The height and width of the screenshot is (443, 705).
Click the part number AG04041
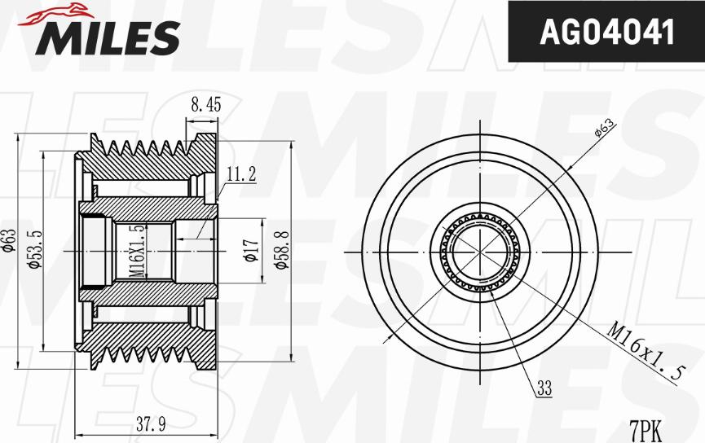[607, 32]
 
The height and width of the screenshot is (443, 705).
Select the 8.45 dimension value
[205, 103]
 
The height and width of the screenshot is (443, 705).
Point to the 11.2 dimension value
[240, 173]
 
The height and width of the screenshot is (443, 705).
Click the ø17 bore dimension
[251, 251]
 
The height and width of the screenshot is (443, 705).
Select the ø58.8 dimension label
[280, 251]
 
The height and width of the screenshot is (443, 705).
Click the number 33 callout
[544, 390]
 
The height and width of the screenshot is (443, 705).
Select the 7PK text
[646, 427]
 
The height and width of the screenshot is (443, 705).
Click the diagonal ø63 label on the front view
[604, 127]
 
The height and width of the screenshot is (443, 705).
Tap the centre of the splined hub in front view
[482, 251]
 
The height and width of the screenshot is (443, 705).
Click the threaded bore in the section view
[143, 251]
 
